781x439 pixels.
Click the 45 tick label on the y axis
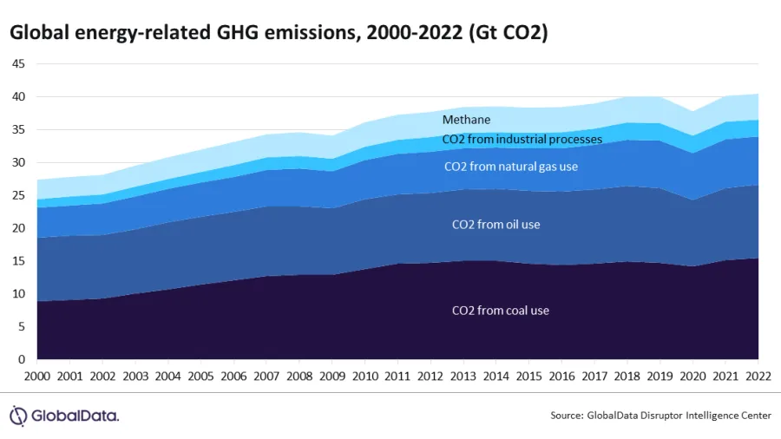pyautogui.click(x=18, y=64)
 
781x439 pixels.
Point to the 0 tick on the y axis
pyautogui.click(x=22, y=359)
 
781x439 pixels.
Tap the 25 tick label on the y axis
pyautogui.click(x=18, y=195)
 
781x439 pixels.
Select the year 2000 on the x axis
pyautogui.click(x=38, y=377)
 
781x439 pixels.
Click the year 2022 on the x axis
pyautogui.click(x=758, y=377)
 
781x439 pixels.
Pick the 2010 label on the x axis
pyautogui.click(x=365, y=377)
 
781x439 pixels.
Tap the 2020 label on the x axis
pyautogui.click(x=692, y=377)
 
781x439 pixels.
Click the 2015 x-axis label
pyautogui.click(x=529, y=377)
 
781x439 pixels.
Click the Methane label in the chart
pyautogui.click(x=466, y=120)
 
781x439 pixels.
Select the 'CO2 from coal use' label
pyautogui.click(x=501, y=310)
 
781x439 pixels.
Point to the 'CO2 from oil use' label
pyautogui.click(x=496, y=224)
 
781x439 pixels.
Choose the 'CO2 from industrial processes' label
pyautogui.click(x=522, y=140)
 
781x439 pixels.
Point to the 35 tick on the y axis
pyautogui.click(x=18, y=130)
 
